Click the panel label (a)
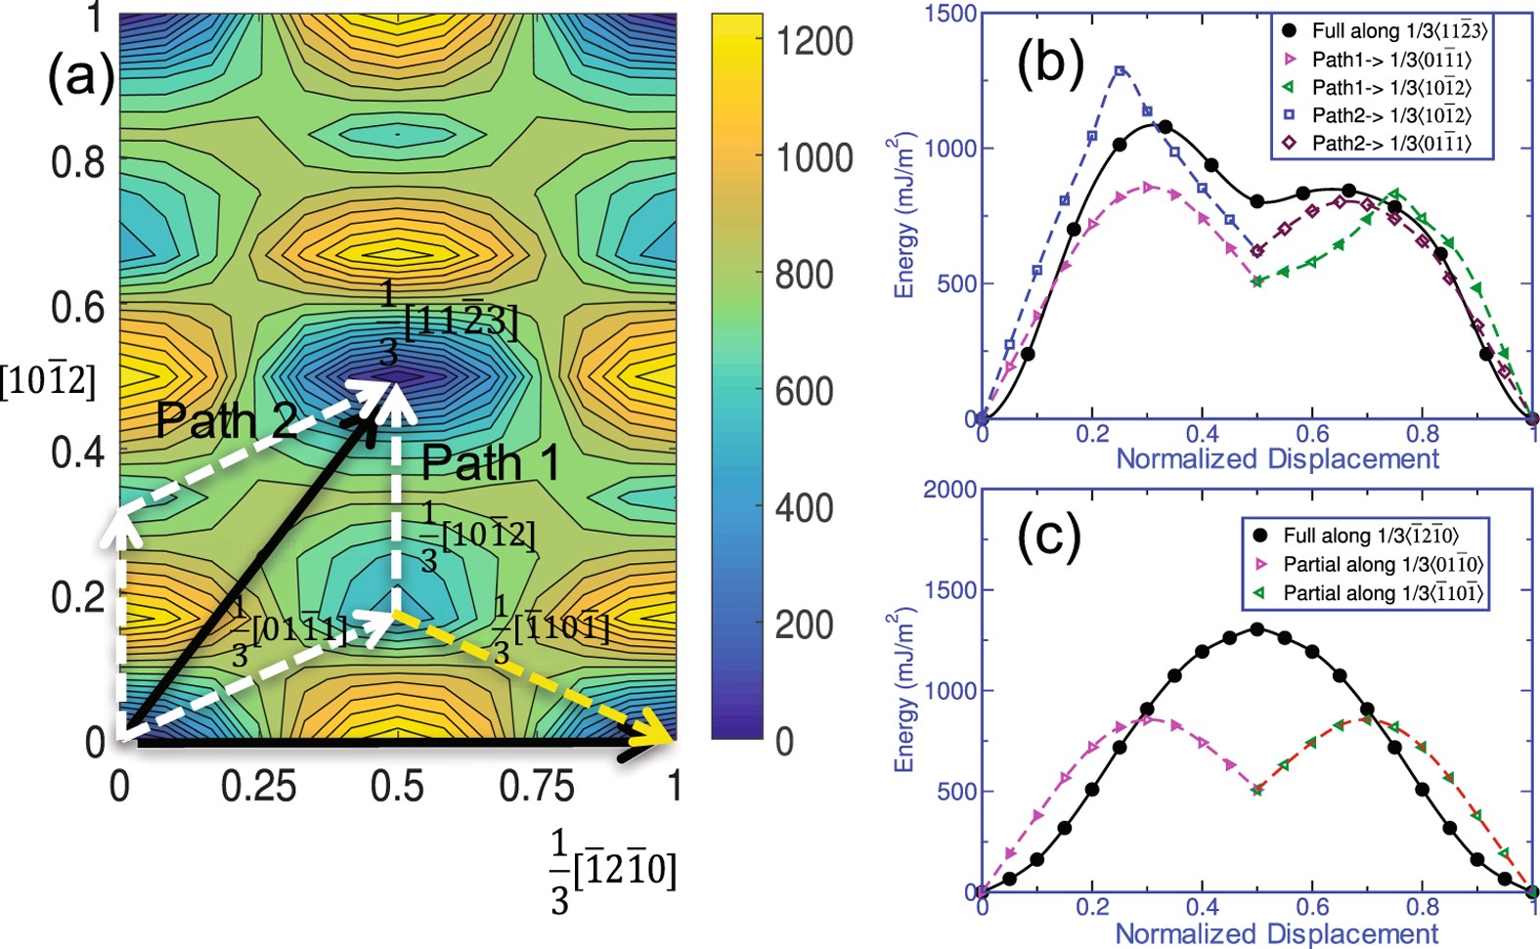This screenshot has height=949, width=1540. tap(80, 76)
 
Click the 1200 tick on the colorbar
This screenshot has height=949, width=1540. tap(814, 42)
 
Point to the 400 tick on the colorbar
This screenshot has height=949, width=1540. tap(804, 508)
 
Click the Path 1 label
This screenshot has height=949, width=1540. tap(491, 462)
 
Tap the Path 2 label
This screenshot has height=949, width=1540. tap(225, 420)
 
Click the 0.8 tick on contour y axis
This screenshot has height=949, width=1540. tap(78, 161)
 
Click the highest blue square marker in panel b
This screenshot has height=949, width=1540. tap(1120, 70)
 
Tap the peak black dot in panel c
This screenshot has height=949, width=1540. tap(1257, 628)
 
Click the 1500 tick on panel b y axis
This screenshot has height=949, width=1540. tap(955, 14)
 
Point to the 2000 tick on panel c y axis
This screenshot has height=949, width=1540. tap(950, 490)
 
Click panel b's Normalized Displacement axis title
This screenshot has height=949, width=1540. tap(1277, 458)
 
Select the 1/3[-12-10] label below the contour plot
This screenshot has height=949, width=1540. tap(612, 870)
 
